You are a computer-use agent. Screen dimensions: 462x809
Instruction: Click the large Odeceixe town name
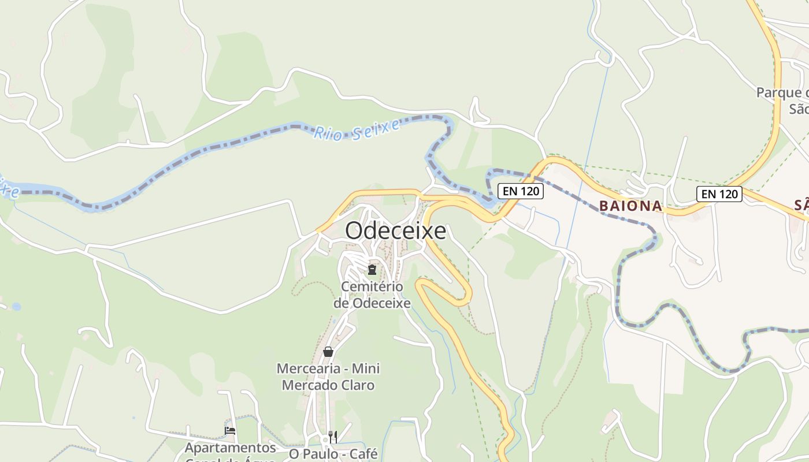[x=396, y=231]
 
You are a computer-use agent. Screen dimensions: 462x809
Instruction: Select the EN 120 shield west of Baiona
[x=521, y=191]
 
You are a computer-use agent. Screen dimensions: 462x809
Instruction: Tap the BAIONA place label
[x=630, y=206]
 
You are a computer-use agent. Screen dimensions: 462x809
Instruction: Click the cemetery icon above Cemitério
[x=372, y=270]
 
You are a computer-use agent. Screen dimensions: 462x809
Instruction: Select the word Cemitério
[x=372, y=286]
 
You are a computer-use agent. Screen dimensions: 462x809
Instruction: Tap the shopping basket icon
[x=328, y=352]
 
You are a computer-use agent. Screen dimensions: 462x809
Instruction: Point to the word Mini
[x=366, y=368]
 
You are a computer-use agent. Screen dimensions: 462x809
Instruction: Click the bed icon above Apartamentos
[x=230, y=431]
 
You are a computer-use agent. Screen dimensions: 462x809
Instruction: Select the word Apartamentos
[x=231, y=448]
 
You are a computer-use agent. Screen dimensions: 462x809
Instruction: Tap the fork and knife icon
[x=333, y=437]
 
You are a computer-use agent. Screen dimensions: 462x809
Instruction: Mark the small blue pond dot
[x=16, y=307]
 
